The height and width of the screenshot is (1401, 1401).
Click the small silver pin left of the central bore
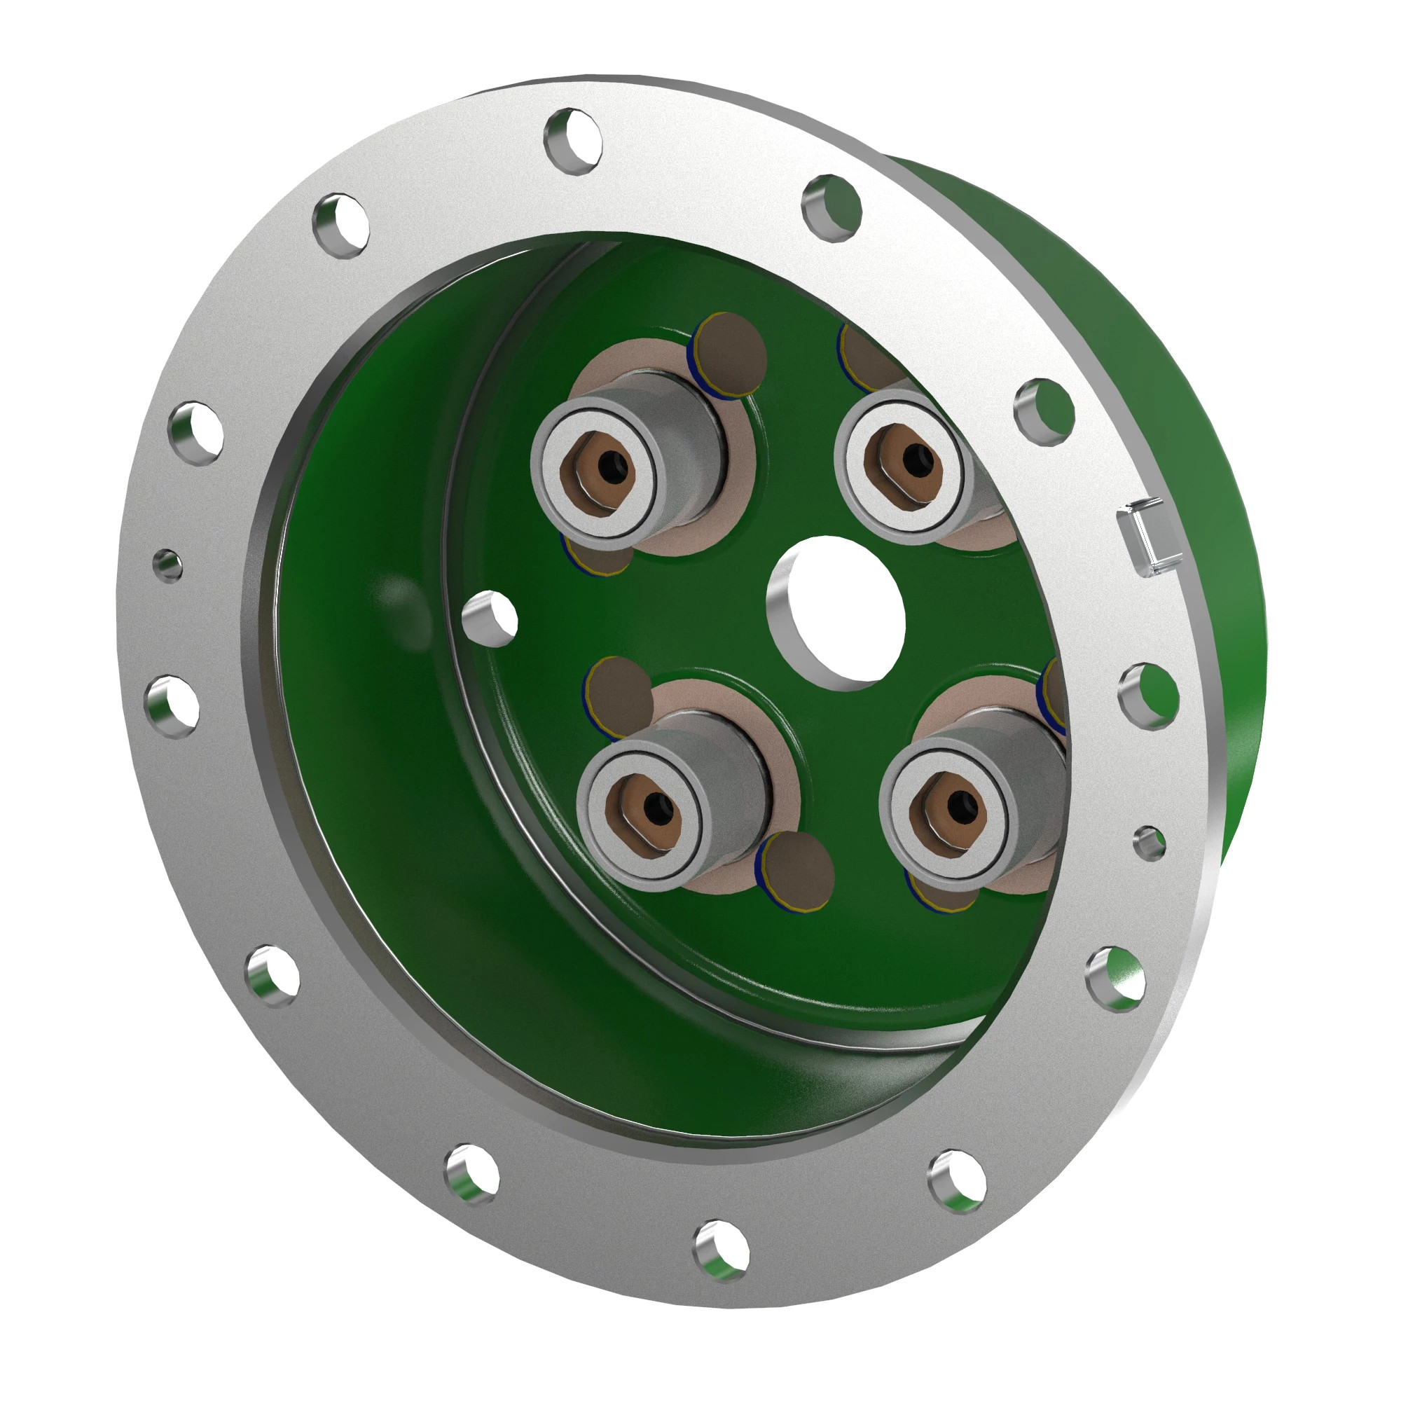490,619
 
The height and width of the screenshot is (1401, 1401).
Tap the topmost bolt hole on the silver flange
574,141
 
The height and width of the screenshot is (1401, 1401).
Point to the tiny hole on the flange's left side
168,563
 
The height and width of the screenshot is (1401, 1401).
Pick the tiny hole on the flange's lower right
1150,843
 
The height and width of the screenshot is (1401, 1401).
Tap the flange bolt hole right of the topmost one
832,207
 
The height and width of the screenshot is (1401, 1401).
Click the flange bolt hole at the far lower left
273,976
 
